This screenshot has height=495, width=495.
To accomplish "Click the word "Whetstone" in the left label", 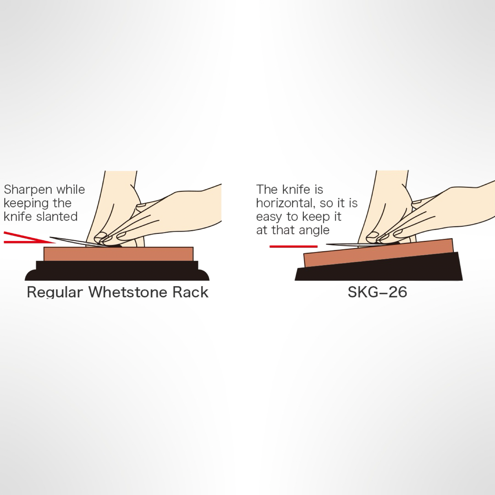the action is coord(129,292).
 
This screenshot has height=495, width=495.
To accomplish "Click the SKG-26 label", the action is coord(377,292).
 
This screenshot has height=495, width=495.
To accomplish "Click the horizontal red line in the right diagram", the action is coord(294,247).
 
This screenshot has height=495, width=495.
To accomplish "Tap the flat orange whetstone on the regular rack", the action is coord(118,254).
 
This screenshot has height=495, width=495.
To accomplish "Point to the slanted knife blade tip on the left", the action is coord(50,238).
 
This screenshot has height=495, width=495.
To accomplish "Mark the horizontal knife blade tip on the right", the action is coord(327,244).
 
